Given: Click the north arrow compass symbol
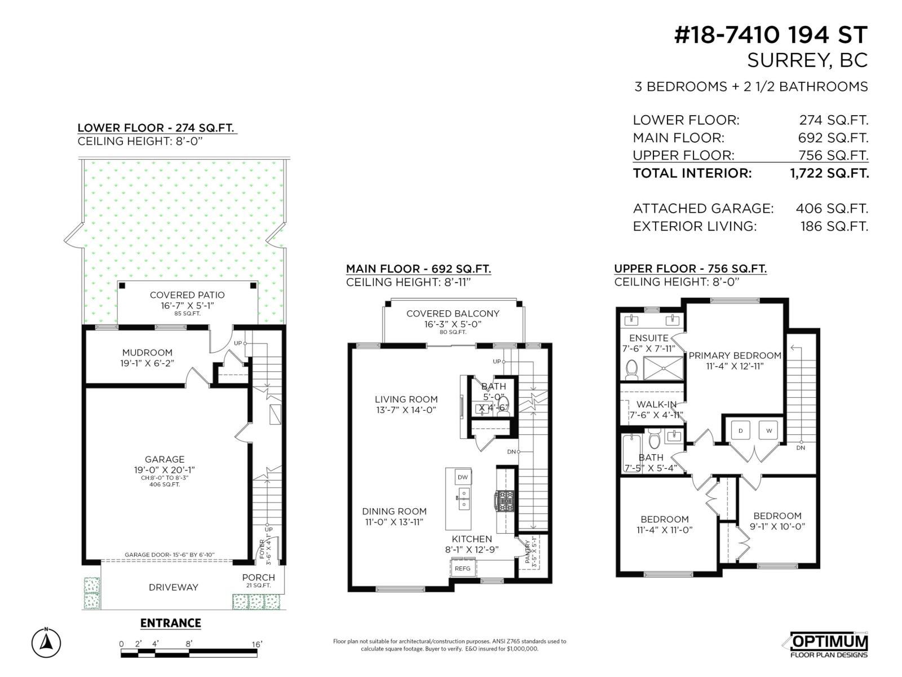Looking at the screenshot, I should pyautogui.click(x=46, y=643).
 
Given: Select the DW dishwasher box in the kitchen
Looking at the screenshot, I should pyautogui.click(x=463, y=477).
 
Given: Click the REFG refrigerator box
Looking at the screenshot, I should pyautogui.click(x=462, y=568).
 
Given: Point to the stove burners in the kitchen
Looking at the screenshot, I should pyautogui.click(x=505, y=500).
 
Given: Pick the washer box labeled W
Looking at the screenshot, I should pyautogui.click(x=768, y=431).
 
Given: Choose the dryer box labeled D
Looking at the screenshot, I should pyautogui.click(x=740, y=431).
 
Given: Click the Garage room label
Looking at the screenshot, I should pyautogui.click(x=165, y=459).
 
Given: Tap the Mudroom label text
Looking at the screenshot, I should pyautogui.click(x=147, y=353).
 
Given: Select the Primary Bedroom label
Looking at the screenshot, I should pyautogui.click(x=735, y=355).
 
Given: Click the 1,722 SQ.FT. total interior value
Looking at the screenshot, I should pyautogui.click(x=829, y=173).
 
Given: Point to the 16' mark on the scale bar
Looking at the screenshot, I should pyautogui.click(x=257, y=644).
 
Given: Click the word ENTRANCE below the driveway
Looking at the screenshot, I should pyautogui.click(x=170, y=623).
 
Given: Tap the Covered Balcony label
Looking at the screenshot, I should pyautogui.click(x=453, y=314).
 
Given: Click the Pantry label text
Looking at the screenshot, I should pyautogui.click(x=528, y=551).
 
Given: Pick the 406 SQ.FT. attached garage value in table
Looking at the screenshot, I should pyautogui.click(x=832, y=209).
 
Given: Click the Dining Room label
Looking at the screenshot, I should pyautogui.click(x=394, y=511).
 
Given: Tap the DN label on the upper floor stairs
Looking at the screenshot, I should pyautogui.click(x=801, y=448).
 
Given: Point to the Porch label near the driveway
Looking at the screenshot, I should pyautogui.click(x=258, y=577).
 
